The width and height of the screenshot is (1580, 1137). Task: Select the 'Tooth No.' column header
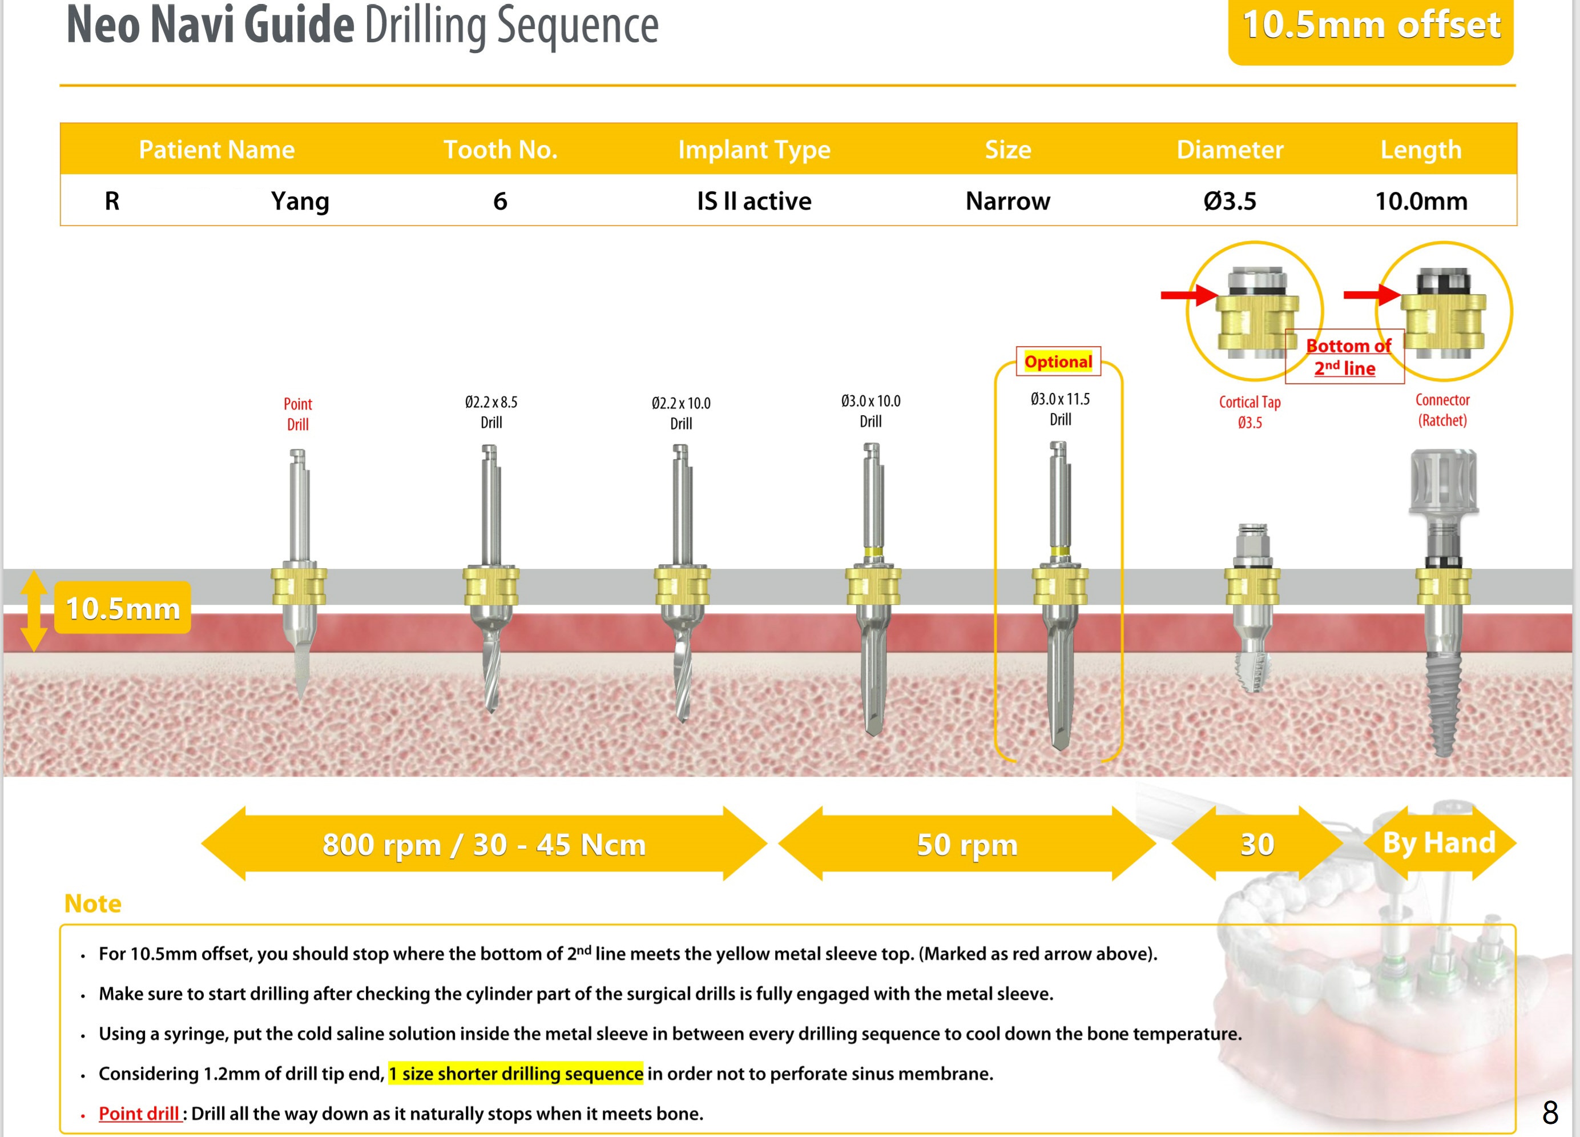click(x=500, y=149)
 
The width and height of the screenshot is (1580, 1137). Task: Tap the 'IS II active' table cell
click(x=754, y=201)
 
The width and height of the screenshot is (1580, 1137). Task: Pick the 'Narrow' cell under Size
click(x=1007, y=201)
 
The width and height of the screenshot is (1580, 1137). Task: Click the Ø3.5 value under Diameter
click(x=1230, y=201)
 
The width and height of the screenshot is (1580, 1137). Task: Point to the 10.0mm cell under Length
click(x=1421, y=201)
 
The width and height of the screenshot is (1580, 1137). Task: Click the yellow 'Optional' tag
click(x=1058, y=361)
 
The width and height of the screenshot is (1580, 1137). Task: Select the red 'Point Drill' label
click(x=297, y=413)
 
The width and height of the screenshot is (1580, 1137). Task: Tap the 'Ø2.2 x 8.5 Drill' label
click(x=491, y=412)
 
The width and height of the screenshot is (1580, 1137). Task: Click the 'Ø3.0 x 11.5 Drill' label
click(x=1059, y=409)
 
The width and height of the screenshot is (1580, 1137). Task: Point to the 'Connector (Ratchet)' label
click(x=1442, y=410)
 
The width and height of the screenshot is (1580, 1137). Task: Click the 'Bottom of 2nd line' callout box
click(x=1344, y=357)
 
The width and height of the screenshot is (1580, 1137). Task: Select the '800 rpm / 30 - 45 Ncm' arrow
click(x=483, y=844)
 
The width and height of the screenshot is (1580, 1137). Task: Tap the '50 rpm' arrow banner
click(x=966, y=844)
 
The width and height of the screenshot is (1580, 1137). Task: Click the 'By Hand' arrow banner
click(x=1438, y=843)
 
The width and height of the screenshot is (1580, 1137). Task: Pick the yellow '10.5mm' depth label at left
click(x=123, y=608)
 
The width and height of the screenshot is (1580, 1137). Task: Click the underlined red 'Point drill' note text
click(x=139, y=1113)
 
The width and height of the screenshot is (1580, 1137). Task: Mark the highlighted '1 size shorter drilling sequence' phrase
click(x=515, y=1074)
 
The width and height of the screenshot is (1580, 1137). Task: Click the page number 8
click(x=1550, y=1112)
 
